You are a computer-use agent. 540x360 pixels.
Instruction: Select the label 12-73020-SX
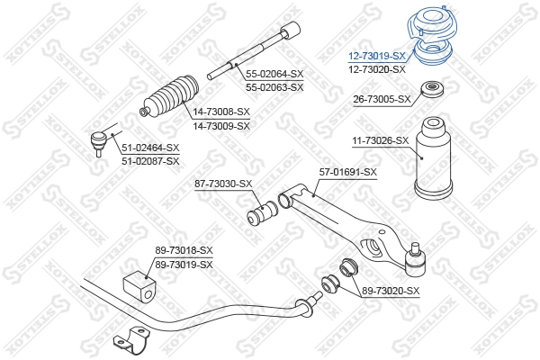pyautogui.click(x=378, y=68)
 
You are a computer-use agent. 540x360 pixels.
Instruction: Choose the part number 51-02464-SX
pyautogui.click(x=150, y=148)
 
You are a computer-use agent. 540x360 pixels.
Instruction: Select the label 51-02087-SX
pyautogui.click(x=150, y=160)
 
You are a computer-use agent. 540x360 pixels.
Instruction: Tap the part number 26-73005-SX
pyautogui.click(x=381, y=99)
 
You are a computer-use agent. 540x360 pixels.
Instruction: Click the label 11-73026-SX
pyautogui.click(x=380, y=140)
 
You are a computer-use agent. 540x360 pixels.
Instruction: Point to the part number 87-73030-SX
pyautogui.click(x=223, y=184)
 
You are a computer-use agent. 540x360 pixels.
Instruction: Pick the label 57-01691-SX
pyautogui.click(x=347, y=171)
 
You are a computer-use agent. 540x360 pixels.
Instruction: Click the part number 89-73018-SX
pyautogui.click(x=184, y=249)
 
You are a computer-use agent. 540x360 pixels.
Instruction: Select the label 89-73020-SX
pyautogui.click(x=391, y=290)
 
